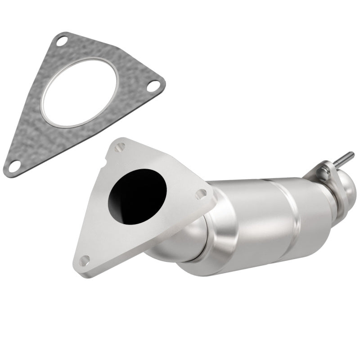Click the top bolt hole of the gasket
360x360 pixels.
[62, 40]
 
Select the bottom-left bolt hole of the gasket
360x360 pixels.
[14, 166]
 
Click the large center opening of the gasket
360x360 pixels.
[80, 93]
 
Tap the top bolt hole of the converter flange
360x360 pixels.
[120, 148]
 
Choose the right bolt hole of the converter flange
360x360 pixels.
[201, 194]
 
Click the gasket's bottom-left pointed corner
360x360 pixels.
[6, 171]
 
